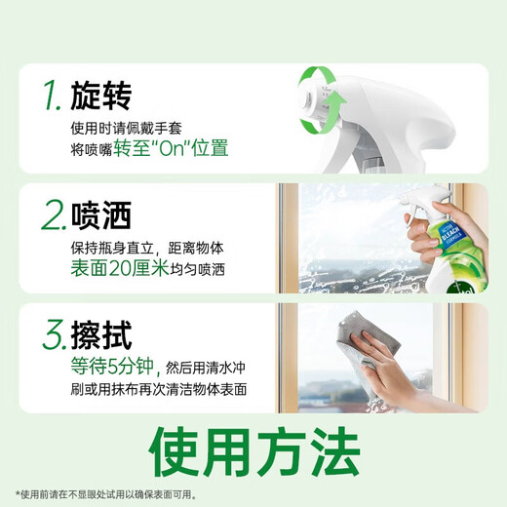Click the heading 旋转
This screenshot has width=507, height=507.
pyautogui.click(x=109, y=95)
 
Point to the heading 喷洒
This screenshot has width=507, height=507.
pyautogui.click(x=109, y=214)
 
